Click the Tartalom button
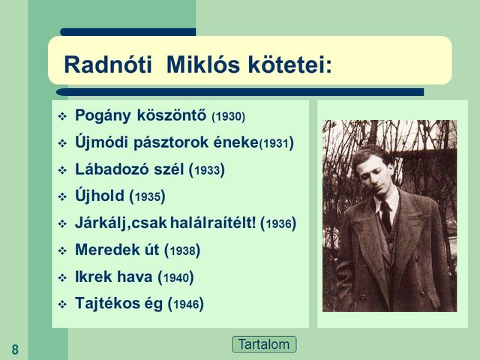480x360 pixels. pyautogui.click(x=264, y=345)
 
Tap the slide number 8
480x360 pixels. pyautogui.click(x=15, y=349)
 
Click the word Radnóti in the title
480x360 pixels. pyautogui.click(x=109, y=64)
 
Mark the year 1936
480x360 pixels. pyautogui.click(x=278, y=224)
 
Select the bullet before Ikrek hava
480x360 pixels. pyautogui.click(x=62, y=277)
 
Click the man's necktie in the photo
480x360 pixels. pyautogui.click(x=385, y=217)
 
